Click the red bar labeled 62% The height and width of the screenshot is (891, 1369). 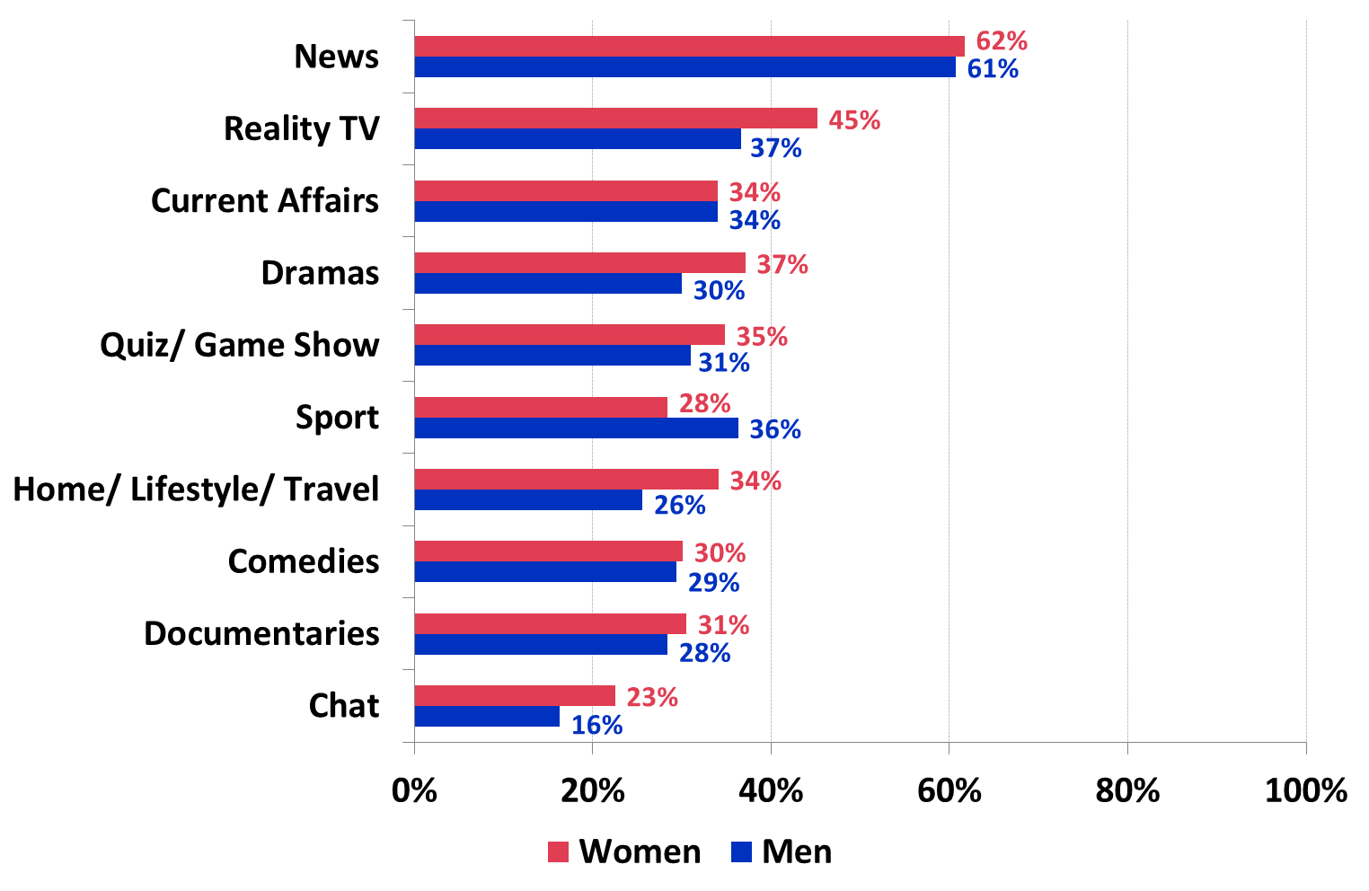(x=689, y=46)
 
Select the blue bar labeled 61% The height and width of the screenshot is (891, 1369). (x=684, y=67)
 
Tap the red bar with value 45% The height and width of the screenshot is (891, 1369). (x=615, y=119)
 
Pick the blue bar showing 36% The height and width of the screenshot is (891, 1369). (x=576, y=428)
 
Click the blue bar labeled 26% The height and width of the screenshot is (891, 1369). (x=528, y=500)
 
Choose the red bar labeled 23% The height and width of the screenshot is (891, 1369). (x=515, y=696)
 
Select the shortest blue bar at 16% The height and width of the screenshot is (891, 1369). (x=487, y=717)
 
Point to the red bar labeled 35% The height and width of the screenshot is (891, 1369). (x=570, y=335)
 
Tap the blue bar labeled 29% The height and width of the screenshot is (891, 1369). (x=545, y=572)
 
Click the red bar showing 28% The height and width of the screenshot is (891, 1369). (x=541, y=407)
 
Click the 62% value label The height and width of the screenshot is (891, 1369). (x=1002, y=41)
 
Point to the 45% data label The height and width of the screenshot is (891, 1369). (x=854, y=120)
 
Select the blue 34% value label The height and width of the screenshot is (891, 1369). (x=755, y=220)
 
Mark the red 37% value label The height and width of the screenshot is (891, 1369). (x=782, y=265)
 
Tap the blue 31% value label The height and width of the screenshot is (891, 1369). (x=724, y=363)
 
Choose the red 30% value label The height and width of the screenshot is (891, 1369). (x=720, y=553)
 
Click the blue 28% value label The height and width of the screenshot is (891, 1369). (x=705, y=653)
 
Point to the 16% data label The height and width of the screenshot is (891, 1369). (x=597, y=725)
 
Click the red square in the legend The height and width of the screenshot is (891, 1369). (x=558, y=851)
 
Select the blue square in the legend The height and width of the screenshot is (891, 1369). (x=741, y=851)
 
